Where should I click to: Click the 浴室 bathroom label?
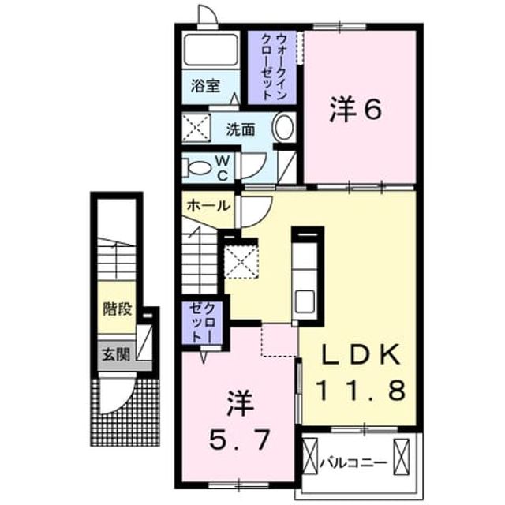pos(205,86)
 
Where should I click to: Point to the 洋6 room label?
pos(356,110)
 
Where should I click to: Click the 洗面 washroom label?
pos(240,129)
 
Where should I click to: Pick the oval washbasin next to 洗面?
pos(284,127)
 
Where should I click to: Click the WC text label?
pos(222,168)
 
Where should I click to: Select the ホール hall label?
pos(208,205)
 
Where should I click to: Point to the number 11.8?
pos(361,390)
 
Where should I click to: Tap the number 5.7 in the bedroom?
pos(239,440)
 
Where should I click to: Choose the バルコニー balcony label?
pos(353,464)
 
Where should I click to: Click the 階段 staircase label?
pos(118,309)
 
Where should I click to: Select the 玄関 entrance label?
pos(116,354)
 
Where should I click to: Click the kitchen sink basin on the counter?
pos(304,301)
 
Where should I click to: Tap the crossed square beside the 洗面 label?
pos(196,128)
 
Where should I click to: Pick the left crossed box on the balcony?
pos(310,456)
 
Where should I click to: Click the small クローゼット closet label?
pos(202,323)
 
